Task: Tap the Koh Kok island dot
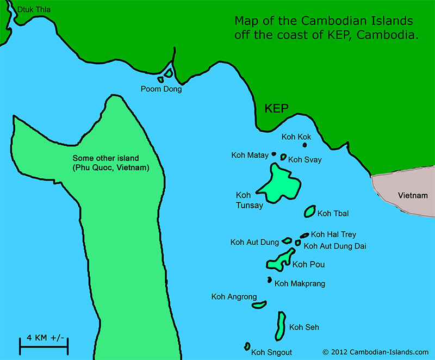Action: point(304,145)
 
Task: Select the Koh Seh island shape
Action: point(281,325)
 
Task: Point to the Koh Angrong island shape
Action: point(259,305)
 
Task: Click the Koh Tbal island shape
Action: point(310,211)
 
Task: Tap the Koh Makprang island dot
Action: point(269,280)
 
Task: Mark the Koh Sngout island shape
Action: point(247,346)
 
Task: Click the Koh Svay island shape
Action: point(283,157)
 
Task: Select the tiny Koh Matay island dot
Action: point(274,154)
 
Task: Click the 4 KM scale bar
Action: point(43,344)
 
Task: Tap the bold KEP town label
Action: point(276,108)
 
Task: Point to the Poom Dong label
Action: point(161,89)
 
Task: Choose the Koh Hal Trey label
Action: point(334,234)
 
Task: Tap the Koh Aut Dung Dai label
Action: point(335,246)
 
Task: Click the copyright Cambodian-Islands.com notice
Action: point(375,352)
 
